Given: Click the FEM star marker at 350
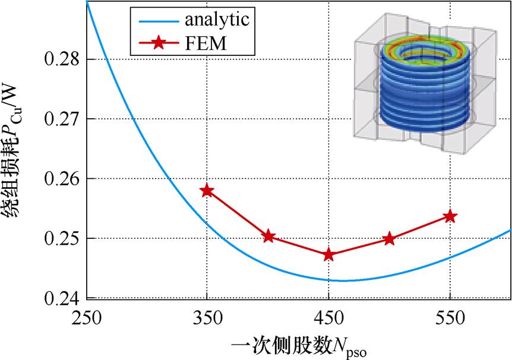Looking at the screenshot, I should pyautogui.click(x=207, y=191).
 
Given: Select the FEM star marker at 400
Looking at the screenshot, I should pyautogui.click(x=268, y=236).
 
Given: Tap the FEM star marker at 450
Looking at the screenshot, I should pyautogui.click(x=328, y=255).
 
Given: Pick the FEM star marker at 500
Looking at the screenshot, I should pyautogui.click(x=389, y=239).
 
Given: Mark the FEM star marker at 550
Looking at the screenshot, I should pyautogui.click(x=450, y=216).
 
